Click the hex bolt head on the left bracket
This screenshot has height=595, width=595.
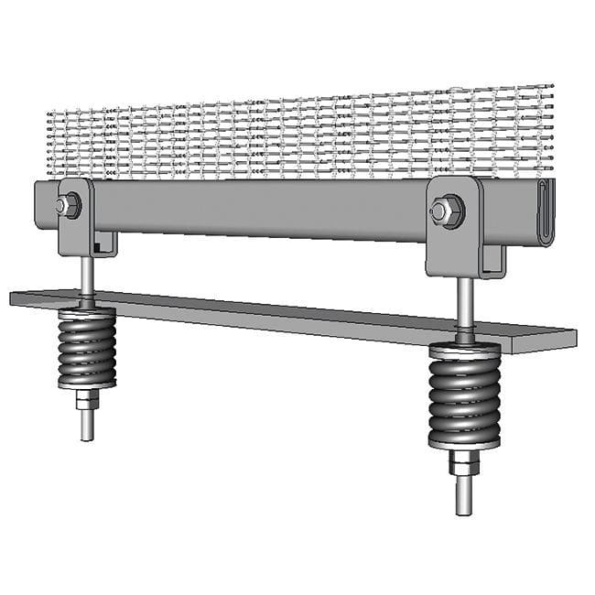(68, 206)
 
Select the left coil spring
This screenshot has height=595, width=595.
(87, 347)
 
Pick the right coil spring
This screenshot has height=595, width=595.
(464, 394)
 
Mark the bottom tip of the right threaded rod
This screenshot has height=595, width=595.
(464, 510)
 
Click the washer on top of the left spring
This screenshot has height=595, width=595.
(87, 310)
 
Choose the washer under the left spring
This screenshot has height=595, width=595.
(87, 386)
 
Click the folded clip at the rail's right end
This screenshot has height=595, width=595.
(546, 212)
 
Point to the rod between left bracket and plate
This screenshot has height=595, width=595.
(84, 275)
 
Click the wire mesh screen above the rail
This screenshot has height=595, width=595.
(302, 137)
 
